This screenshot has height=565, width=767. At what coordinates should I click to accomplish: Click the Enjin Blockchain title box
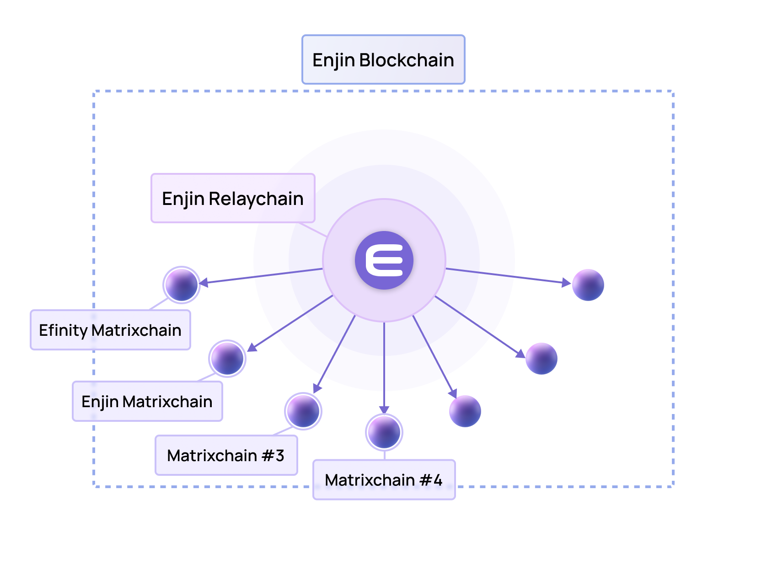click(383, 59)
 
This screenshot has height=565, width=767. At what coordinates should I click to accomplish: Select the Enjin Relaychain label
click(233, 198)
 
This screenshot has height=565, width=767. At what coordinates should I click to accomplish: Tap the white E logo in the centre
click(384, 260)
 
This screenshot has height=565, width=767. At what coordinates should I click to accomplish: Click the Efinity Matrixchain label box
click(110, 330)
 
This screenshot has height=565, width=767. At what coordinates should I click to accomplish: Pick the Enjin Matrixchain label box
click(147, 401)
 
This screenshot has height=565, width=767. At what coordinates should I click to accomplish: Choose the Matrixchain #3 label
click(226, 455)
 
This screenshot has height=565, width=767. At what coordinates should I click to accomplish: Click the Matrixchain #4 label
click(384, 479)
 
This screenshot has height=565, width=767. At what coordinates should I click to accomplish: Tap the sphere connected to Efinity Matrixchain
click(182, 285)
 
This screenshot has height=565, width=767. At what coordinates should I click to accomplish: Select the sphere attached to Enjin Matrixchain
click(227, 358)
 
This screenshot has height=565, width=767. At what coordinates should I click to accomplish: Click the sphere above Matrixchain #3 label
click(303, 411)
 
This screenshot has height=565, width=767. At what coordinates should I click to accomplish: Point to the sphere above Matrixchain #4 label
click(384, 432)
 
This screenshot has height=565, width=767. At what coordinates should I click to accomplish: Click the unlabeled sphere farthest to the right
click(588, 285)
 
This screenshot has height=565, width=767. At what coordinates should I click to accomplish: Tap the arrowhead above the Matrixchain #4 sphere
click(384, 409)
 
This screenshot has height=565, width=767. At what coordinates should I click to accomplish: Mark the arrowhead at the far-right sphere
click(566, 283)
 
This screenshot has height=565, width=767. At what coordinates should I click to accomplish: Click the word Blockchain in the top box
click(407, 60)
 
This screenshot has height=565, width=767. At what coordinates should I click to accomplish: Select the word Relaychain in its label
click(256, 199)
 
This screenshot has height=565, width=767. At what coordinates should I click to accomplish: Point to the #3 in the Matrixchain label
click(273, 455)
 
